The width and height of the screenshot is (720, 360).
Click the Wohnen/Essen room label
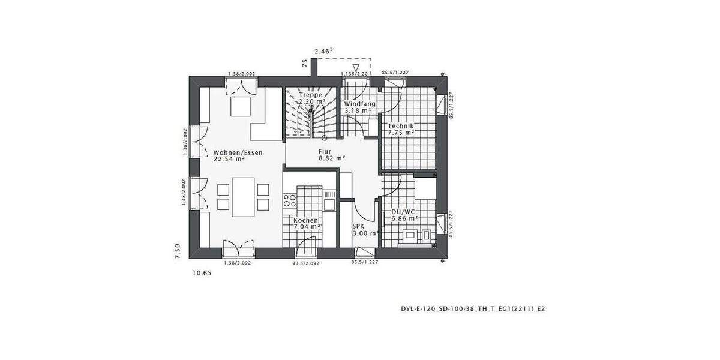coord(238,152)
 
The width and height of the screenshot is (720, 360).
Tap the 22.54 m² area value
coord(229,160)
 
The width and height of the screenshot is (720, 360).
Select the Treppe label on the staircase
coord(312,95)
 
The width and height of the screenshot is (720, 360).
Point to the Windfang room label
coord(359,104)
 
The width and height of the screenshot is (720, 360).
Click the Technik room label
coord(401,126)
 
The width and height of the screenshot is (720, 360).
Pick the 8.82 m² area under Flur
coord(331,158)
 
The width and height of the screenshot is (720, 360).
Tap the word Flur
coord(325,152)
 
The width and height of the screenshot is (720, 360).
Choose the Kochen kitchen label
coord(306,221)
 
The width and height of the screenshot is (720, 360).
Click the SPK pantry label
coord(358,226)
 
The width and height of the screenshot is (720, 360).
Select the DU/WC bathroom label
coord(403,212)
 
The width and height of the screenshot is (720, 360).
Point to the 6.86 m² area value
coord(404,219)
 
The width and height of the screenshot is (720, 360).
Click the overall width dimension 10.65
coord(202,273)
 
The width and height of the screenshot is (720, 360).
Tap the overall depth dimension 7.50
coord(178,251)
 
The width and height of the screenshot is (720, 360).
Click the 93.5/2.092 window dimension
coord(305,263)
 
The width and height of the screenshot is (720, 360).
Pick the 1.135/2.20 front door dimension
coord(353,73)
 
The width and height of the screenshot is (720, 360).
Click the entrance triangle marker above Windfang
coord(356,67)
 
